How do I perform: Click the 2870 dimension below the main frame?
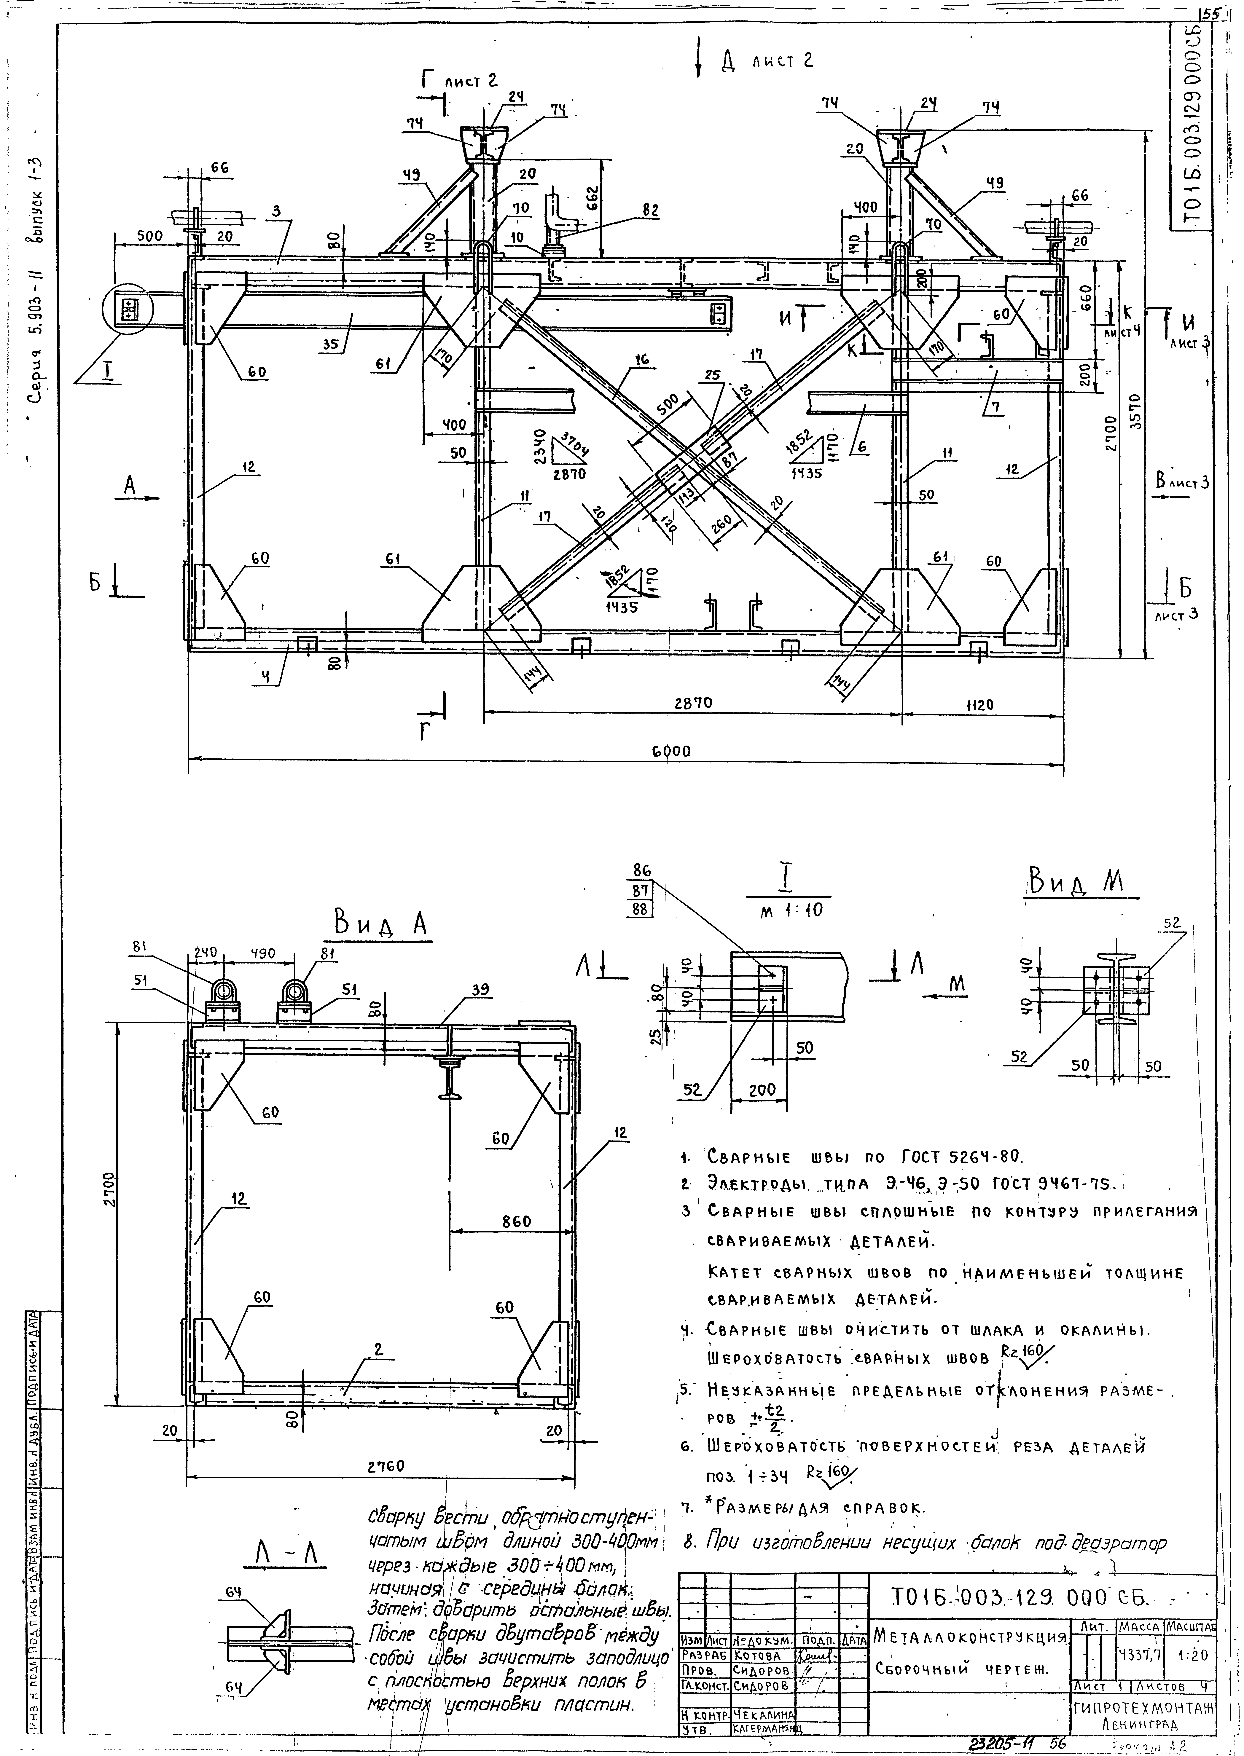pos(689,705)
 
